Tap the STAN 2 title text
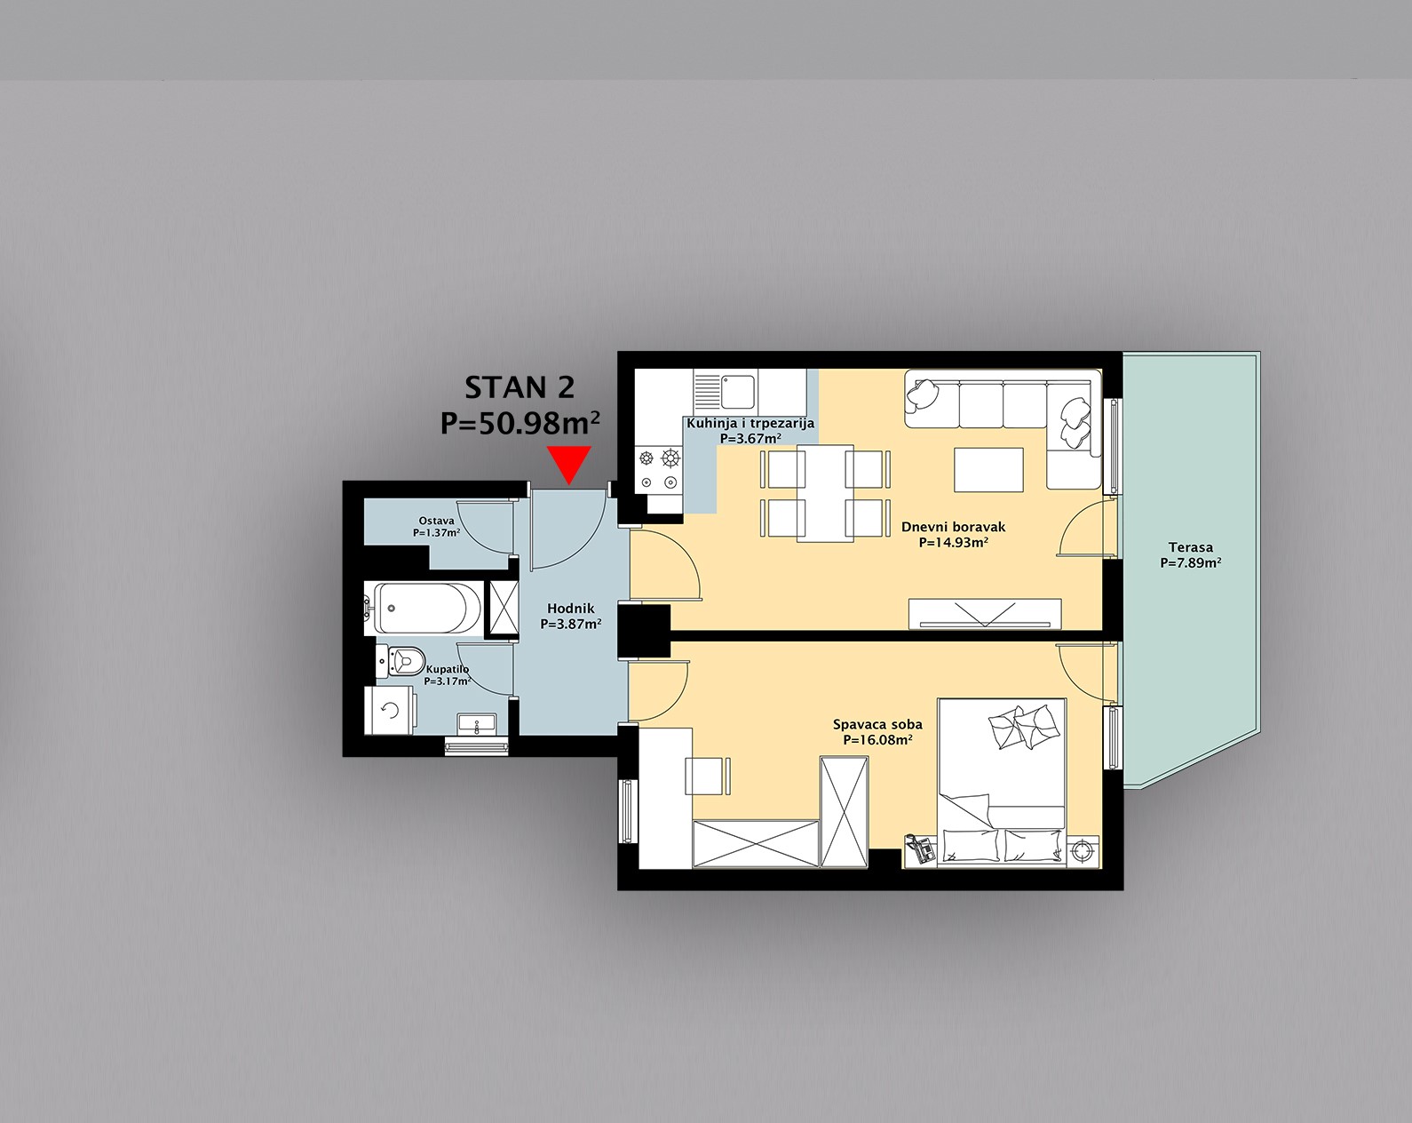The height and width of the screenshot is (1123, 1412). [520, 388]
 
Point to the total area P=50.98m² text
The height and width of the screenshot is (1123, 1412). [520, 423]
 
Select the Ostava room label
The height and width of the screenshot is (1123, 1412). [436, 522]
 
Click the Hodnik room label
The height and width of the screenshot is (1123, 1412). [571, 609]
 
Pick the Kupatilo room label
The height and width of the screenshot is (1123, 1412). [448, 670]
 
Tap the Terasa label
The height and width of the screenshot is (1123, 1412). [1191, 547]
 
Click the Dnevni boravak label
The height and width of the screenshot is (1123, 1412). [954, 527]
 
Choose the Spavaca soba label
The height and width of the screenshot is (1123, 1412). [878, 725]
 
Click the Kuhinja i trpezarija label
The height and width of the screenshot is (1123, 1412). [750, 423]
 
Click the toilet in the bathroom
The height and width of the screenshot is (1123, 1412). [401, 660]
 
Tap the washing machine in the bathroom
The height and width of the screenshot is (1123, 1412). [390, 711]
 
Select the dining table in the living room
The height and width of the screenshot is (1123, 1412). [825, 493]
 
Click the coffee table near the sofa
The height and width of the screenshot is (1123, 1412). [988, 470]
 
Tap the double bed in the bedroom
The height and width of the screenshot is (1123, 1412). [1001, 783]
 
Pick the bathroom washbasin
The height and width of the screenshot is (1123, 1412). [476, 724]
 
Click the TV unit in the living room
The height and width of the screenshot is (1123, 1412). [985, 614]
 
